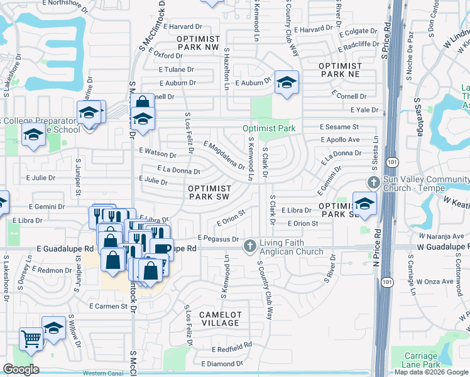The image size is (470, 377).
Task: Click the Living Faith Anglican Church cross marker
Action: click(x=250, y=246)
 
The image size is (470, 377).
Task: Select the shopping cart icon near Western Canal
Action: click(x=30, y=338)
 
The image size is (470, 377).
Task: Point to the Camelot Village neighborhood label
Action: click(x=221, y=319)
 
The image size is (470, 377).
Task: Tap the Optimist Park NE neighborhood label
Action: click(x=341, y=70)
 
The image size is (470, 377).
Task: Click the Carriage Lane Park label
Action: click(x=439, y=361)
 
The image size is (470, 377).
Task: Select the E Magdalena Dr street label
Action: click(x=224, y=155)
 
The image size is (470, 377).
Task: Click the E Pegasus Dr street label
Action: click(x=218, y=239)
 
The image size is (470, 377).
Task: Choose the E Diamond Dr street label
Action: click(x=222, y=364)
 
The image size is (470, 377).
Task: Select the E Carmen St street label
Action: click(x=112, y=307)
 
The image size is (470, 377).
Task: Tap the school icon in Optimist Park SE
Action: click(x=364, y=203)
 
